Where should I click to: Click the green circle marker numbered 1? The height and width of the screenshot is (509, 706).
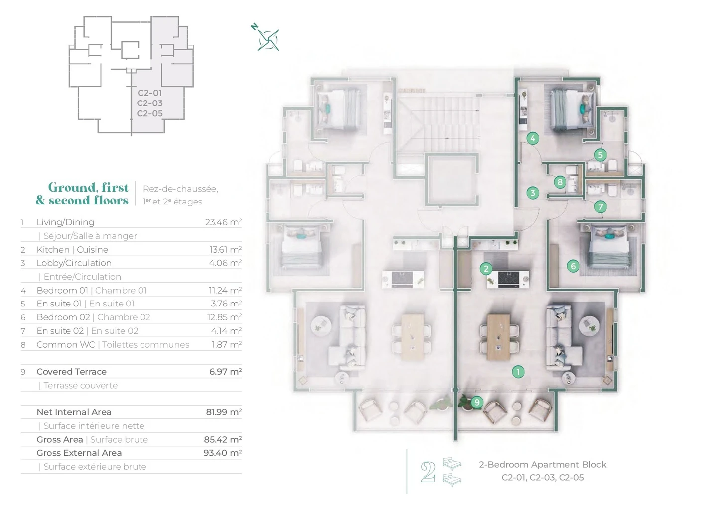(x=518, y=372)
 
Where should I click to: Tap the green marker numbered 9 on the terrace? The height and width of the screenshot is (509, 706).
(x=477, y=402)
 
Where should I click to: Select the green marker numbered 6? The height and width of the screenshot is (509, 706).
(x=573, y=266)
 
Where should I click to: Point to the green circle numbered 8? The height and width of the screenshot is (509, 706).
(x=560, y=182)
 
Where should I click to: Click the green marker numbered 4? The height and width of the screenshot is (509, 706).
(x=533, y=138)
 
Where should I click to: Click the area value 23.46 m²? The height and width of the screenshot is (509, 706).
(x=223, y=222)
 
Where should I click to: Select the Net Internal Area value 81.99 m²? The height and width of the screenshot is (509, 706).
(x=224, y=412)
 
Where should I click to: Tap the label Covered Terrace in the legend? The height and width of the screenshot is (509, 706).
(x=72, y=372)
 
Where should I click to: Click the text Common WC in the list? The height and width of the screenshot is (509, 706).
(x=66, y=345)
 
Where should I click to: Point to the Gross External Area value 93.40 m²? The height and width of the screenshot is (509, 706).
(x=223, y=453)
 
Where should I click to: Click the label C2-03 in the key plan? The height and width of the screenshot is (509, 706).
(x=149, y=103)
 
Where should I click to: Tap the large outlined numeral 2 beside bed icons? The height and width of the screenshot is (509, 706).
(x=428, y=472)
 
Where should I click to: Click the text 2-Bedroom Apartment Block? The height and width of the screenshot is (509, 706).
(x=543, y=465)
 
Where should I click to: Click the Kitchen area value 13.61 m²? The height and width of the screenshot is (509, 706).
(x=226, y=250)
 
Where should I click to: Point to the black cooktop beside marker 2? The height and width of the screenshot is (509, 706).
(x=508, y=279)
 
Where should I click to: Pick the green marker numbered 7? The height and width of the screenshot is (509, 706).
(x=600, y=207)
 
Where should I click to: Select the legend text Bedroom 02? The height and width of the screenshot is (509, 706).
(x=63, y=317)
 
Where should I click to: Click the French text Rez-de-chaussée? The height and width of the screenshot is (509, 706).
(x=180, y=189)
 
